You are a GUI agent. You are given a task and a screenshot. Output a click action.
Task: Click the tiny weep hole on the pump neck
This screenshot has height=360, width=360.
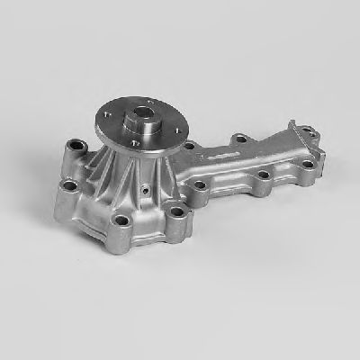pos(145,192)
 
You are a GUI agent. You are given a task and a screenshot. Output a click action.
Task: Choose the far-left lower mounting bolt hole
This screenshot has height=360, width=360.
pos(67,187)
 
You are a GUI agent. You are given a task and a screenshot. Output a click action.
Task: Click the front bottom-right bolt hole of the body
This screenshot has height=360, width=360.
pos(176,212)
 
